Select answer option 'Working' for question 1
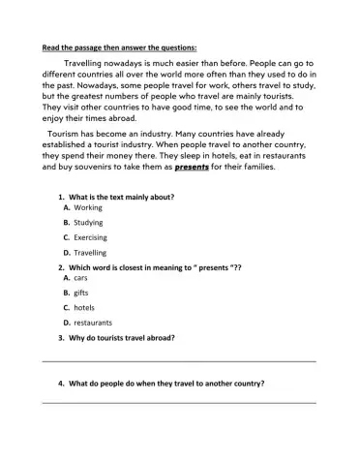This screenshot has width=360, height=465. coord(87,207)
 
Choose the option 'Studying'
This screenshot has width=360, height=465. coord(88,222)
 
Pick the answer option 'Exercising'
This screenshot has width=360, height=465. coord(90,236)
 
